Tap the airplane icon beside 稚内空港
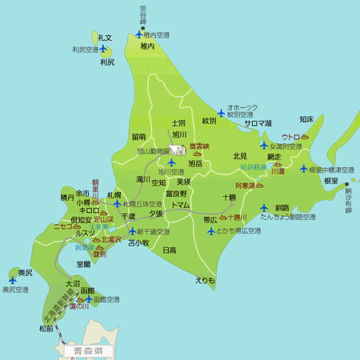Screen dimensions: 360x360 tap(141, 34)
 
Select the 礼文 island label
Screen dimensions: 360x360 tap(104, 38)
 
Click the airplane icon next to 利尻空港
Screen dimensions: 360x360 tap(102, 49)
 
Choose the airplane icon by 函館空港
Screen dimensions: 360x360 tap(89, 299)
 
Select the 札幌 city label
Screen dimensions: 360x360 tap(114, 194)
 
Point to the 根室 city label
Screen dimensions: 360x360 tap(331, 182)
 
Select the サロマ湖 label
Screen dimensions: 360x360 tap(258, 123)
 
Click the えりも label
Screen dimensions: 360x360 tap(205, 280)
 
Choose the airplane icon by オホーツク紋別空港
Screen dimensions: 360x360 tap(222, 112)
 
